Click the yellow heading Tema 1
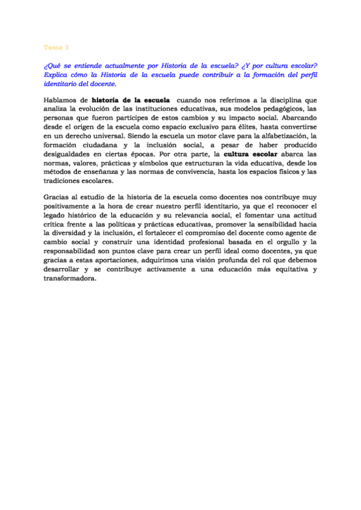[57, 47]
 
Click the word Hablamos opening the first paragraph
[61, 100]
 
